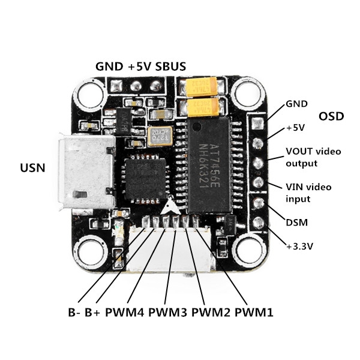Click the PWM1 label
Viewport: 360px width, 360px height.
click(x=254, y=312)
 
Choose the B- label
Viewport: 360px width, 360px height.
click(x=74, y=312)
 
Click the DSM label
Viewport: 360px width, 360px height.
click(x=296, y=223)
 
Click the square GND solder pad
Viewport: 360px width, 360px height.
click(x=258, y=124)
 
